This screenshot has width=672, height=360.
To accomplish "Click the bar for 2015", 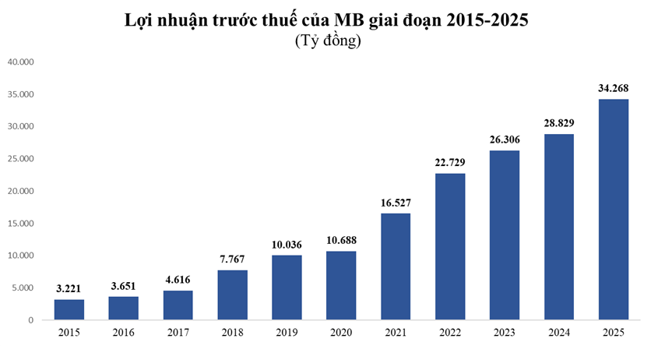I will click(x=69, y=309).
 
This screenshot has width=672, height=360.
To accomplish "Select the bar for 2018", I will click(x=232, y=295).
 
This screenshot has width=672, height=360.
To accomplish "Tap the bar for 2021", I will click(x=396, y=266).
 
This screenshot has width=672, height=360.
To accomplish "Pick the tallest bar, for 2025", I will click(x=613, y=209).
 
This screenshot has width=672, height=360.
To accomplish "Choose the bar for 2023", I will click(x=505, y=235).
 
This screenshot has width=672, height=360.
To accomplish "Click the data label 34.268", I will click(x=613, y=86).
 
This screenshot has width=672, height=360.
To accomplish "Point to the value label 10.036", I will click(x=287, y=244).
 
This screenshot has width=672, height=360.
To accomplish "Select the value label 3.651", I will click(x=123, y=285).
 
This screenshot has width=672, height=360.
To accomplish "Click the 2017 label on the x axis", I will click(x=178, y=332).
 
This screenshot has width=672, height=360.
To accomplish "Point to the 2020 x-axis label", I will click(x=341, y=332).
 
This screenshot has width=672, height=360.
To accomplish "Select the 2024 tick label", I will click(x=558, y=332).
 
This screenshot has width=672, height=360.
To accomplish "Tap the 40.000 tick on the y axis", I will click(x=21, y=62).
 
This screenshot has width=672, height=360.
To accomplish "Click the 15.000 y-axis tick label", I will click(x=21, y=224).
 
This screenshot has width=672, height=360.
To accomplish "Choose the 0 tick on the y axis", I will click(x=32, y=320).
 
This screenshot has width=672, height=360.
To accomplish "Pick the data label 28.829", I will click(x=558, y=122).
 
